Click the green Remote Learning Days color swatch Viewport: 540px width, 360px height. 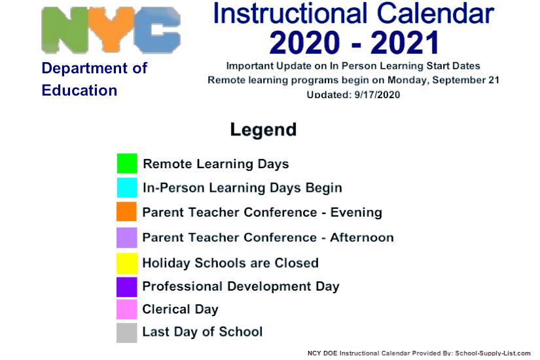pos(127,163)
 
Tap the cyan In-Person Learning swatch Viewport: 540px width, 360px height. pos(127,187)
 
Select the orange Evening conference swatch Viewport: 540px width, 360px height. pos(127,211)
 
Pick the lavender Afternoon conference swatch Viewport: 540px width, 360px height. pos(127,238)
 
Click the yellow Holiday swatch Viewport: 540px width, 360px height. pos(127,263)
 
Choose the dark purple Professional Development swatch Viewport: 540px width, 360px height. pos(127,287)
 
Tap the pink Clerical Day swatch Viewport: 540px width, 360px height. pos(127,310)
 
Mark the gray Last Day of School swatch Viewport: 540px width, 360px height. pos(127,333)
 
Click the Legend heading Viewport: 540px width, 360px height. pos(264,130)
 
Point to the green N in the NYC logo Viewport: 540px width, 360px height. pos(65,30)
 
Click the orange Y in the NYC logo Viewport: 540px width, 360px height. pos(111,29)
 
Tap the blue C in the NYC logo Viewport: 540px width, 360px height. pos(157,30)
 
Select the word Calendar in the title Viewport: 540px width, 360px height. pos(435,14)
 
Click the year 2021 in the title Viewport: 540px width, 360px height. pos(405,43)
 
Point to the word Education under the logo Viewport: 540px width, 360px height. pos(80,90)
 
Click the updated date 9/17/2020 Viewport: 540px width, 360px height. pos(377,95)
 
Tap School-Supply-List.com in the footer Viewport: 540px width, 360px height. pos(493,353)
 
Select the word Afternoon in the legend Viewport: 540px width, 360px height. pos(362,238)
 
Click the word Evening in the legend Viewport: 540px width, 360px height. pos(357,213)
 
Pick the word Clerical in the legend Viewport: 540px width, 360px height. pos(166,310)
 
